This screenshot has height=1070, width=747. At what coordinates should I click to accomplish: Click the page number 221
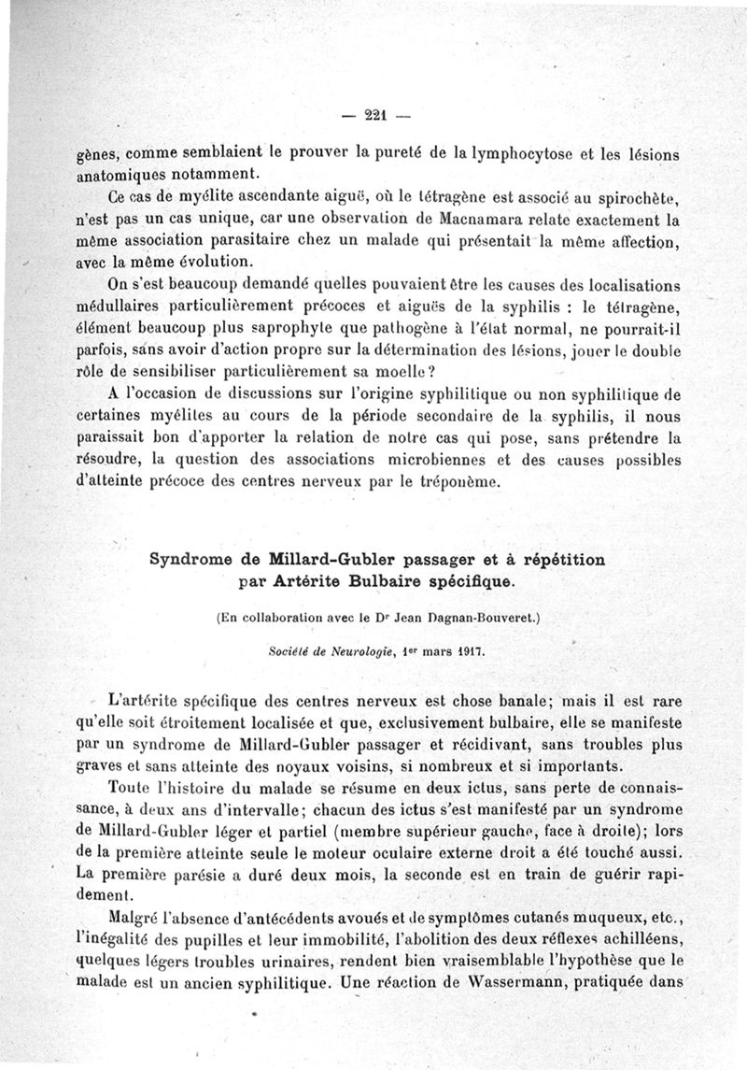coord(376,116)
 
